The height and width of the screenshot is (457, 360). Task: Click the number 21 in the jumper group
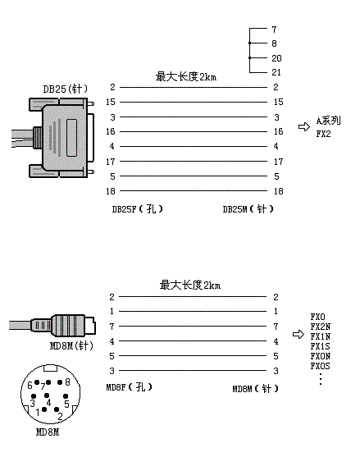click(276, 72)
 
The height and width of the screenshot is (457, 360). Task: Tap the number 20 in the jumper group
click(276, 58)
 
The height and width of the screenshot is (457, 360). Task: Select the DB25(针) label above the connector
click(66, 89)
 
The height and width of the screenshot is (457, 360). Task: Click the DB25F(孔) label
click(137, 209)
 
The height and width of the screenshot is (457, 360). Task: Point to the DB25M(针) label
click(248, 209)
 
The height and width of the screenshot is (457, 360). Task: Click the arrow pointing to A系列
click(304, 127)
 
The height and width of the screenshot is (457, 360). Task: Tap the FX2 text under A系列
click(323, 134)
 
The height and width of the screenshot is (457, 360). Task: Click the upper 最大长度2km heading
click(186, 76)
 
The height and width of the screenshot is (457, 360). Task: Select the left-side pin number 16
click(111, 131)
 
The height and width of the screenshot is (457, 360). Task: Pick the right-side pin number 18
click(279, 191)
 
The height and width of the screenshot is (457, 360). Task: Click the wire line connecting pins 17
click(194, 161)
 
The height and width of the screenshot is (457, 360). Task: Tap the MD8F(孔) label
click(129, 387)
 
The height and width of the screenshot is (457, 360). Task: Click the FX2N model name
click(321, 327)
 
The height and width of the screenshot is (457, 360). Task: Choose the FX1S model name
click(320, 346)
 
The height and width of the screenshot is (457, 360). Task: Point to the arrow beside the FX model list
click(298, 334)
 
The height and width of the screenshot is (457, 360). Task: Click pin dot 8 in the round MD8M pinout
click(60, 382)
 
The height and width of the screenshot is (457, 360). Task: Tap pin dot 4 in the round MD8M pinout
click(47, 395)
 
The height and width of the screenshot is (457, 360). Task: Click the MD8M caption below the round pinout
click(48, 432)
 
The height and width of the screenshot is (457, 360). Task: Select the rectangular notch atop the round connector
click(50, 368)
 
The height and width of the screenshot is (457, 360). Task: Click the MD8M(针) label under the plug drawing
click(71, 346)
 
